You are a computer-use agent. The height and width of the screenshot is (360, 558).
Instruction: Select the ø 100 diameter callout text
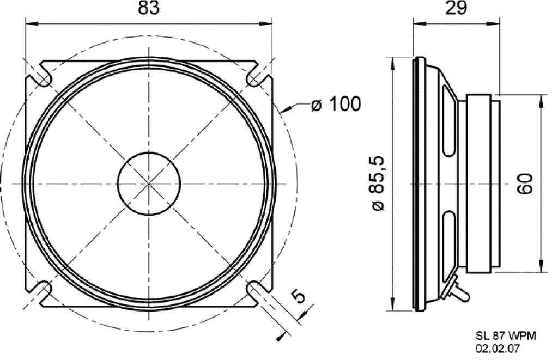pyautogui.click(x=336, y=103)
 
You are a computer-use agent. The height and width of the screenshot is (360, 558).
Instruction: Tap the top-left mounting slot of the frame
pyautogui.click(x=43, y=77)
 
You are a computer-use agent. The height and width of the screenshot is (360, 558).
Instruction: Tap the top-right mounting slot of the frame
pyautogui.click(x=254, y=77)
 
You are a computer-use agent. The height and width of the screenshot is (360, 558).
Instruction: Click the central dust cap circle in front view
pyautogui.click(x=149, y=183)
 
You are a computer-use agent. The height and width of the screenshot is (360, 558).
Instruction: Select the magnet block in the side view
pyautogui.click(x=480, y=183)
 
